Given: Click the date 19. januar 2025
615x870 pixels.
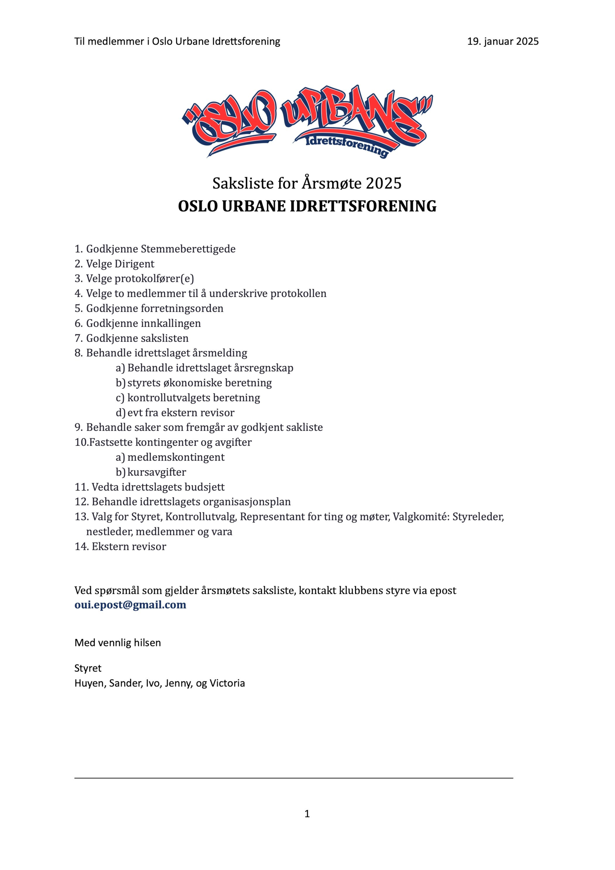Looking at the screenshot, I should pyautogui.click(x=503, y=41).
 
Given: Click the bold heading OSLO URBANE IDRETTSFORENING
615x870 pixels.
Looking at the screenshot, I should pyautogui.click(x=307, y=207).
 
